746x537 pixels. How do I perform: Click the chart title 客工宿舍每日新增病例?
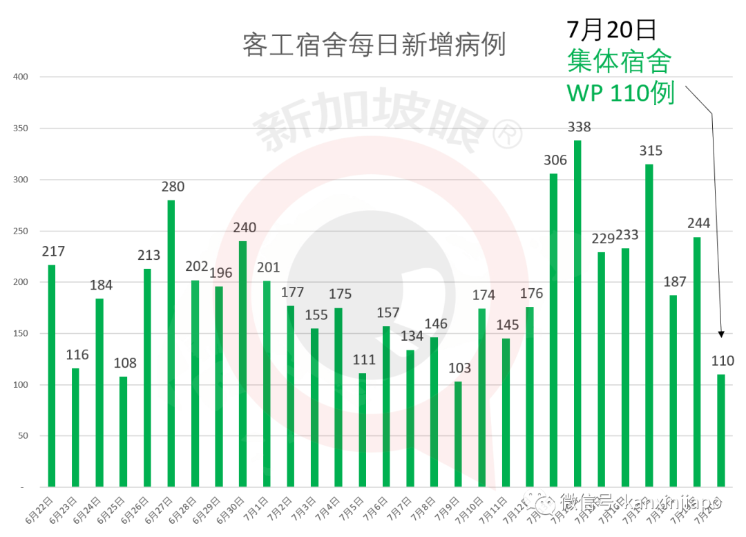point(374,45)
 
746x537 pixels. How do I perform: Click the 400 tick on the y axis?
point(21,77)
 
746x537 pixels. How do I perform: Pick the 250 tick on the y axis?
point(21,231)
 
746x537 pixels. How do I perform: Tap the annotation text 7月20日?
point(611,30)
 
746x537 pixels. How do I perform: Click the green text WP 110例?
point(620,93)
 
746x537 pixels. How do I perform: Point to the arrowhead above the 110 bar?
point(721,334)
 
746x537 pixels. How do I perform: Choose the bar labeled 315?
point(649,326)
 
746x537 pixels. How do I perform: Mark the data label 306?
point(555,160)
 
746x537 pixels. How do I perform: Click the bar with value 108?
point(124,431)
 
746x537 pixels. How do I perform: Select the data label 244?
point(698,223)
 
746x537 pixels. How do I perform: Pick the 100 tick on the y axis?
point(21,384)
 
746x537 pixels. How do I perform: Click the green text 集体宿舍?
point(619,62)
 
